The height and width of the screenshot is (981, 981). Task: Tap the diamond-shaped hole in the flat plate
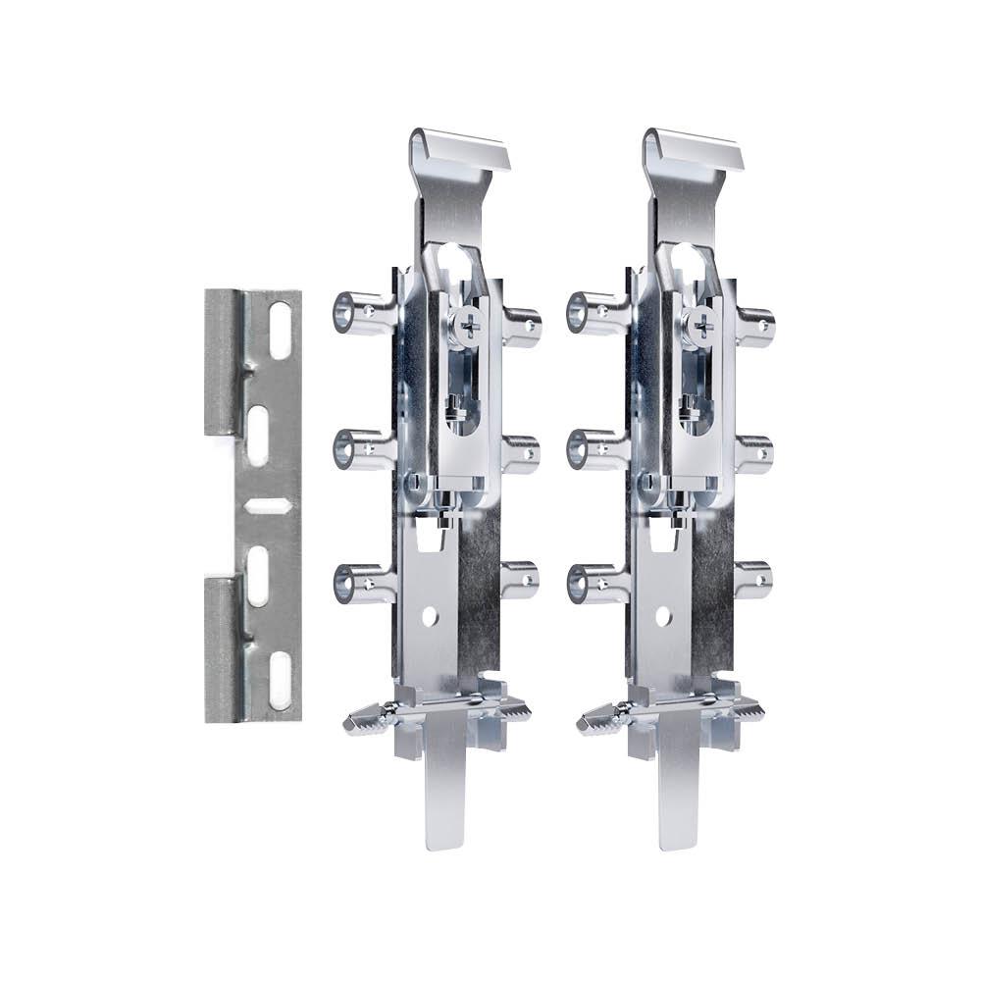click(268, 505)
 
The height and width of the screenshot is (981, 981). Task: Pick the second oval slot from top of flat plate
click(258, 435)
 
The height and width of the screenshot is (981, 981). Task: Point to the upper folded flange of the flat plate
click(224, 363)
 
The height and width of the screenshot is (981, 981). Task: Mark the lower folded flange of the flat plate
click(224, 647)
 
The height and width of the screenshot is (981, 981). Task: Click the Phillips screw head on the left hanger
click(468, 325)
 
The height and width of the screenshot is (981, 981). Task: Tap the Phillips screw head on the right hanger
click(701, 325)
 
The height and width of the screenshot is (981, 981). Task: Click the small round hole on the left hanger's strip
click(430, 616)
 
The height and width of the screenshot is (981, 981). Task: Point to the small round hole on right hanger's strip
click(663, 616)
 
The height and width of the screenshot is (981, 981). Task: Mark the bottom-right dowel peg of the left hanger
click(521, 579)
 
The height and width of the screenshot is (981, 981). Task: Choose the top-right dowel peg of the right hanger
click(755, 327)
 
